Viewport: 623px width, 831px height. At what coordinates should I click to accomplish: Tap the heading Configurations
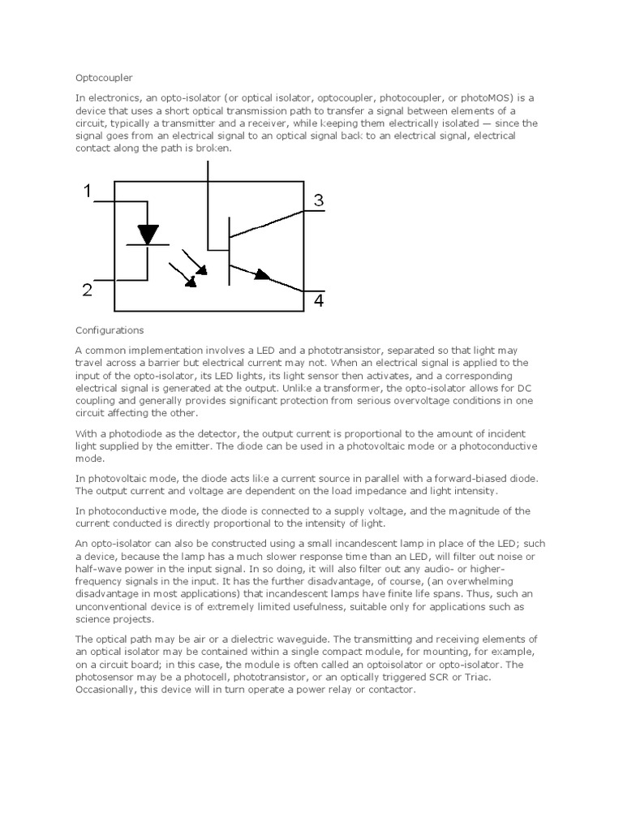(x=109, y=330)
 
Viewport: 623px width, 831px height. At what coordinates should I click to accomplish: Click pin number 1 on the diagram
(x=87, y=192)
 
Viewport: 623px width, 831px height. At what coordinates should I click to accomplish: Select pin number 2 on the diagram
(x=87, y=290)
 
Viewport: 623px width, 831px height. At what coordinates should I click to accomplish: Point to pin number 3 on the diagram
(x=318, y=200)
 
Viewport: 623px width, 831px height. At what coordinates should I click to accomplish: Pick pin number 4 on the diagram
(x=318, y=302)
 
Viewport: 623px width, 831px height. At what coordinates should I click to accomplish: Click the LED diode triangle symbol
(x=148, y=235)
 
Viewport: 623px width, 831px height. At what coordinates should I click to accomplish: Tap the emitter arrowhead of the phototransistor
(x=261, y=275)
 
